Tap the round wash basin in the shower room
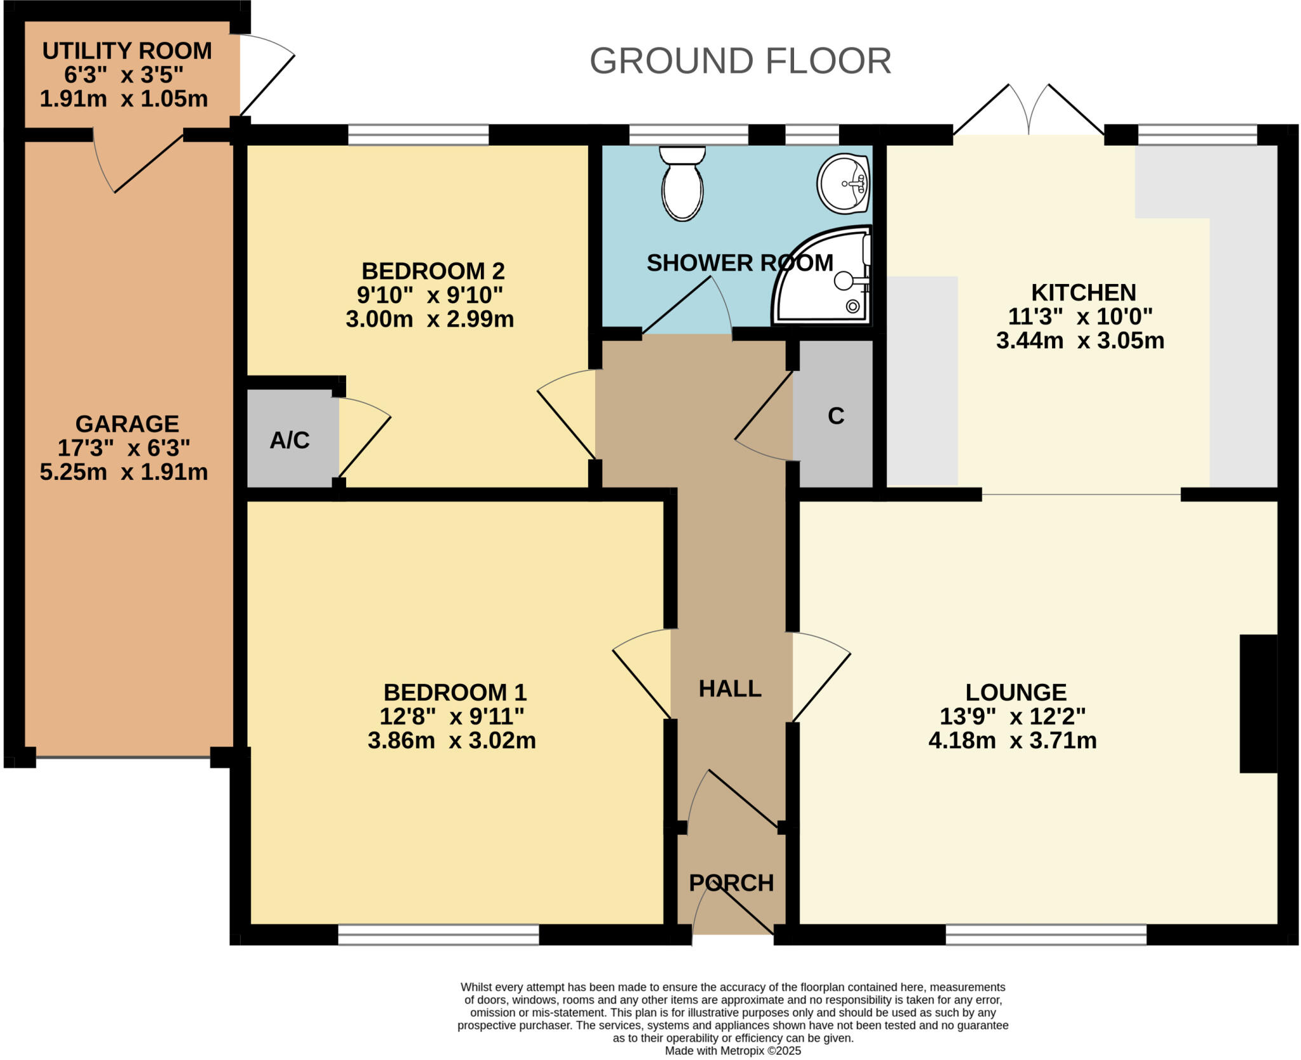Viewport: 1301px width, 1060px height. point(843,183)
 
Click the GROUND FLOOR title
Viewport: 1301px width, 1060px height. point(740,61)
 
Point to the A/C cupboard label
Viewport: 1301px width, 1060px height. point(290,440)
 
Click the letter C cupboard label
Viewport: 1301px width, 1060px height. point(835,416)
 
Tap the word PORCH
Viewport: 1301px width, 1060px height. point(731,883)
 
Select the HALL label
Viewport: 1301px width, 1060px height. point(730,688)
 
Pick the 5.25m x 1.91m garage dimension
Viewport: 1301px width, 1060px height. point(124,472)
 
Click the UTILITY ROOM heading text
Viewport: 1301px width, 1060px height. point(127,51)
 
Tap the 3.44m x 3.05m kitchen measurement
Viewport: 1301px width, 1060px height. point(1080,341)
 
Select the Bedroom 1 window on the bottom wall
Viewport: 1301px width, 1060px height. point(438,934)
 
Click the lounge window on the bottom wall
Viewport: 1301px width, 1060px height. point(1046,934)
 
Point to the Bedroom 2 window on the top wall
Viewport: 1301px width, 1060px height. point(419,135)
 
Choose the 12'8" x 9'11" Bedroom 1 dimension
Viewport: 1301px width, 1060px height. point(452,716)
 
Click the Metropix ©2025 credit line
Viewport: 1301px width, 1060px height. point(732,1050)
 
